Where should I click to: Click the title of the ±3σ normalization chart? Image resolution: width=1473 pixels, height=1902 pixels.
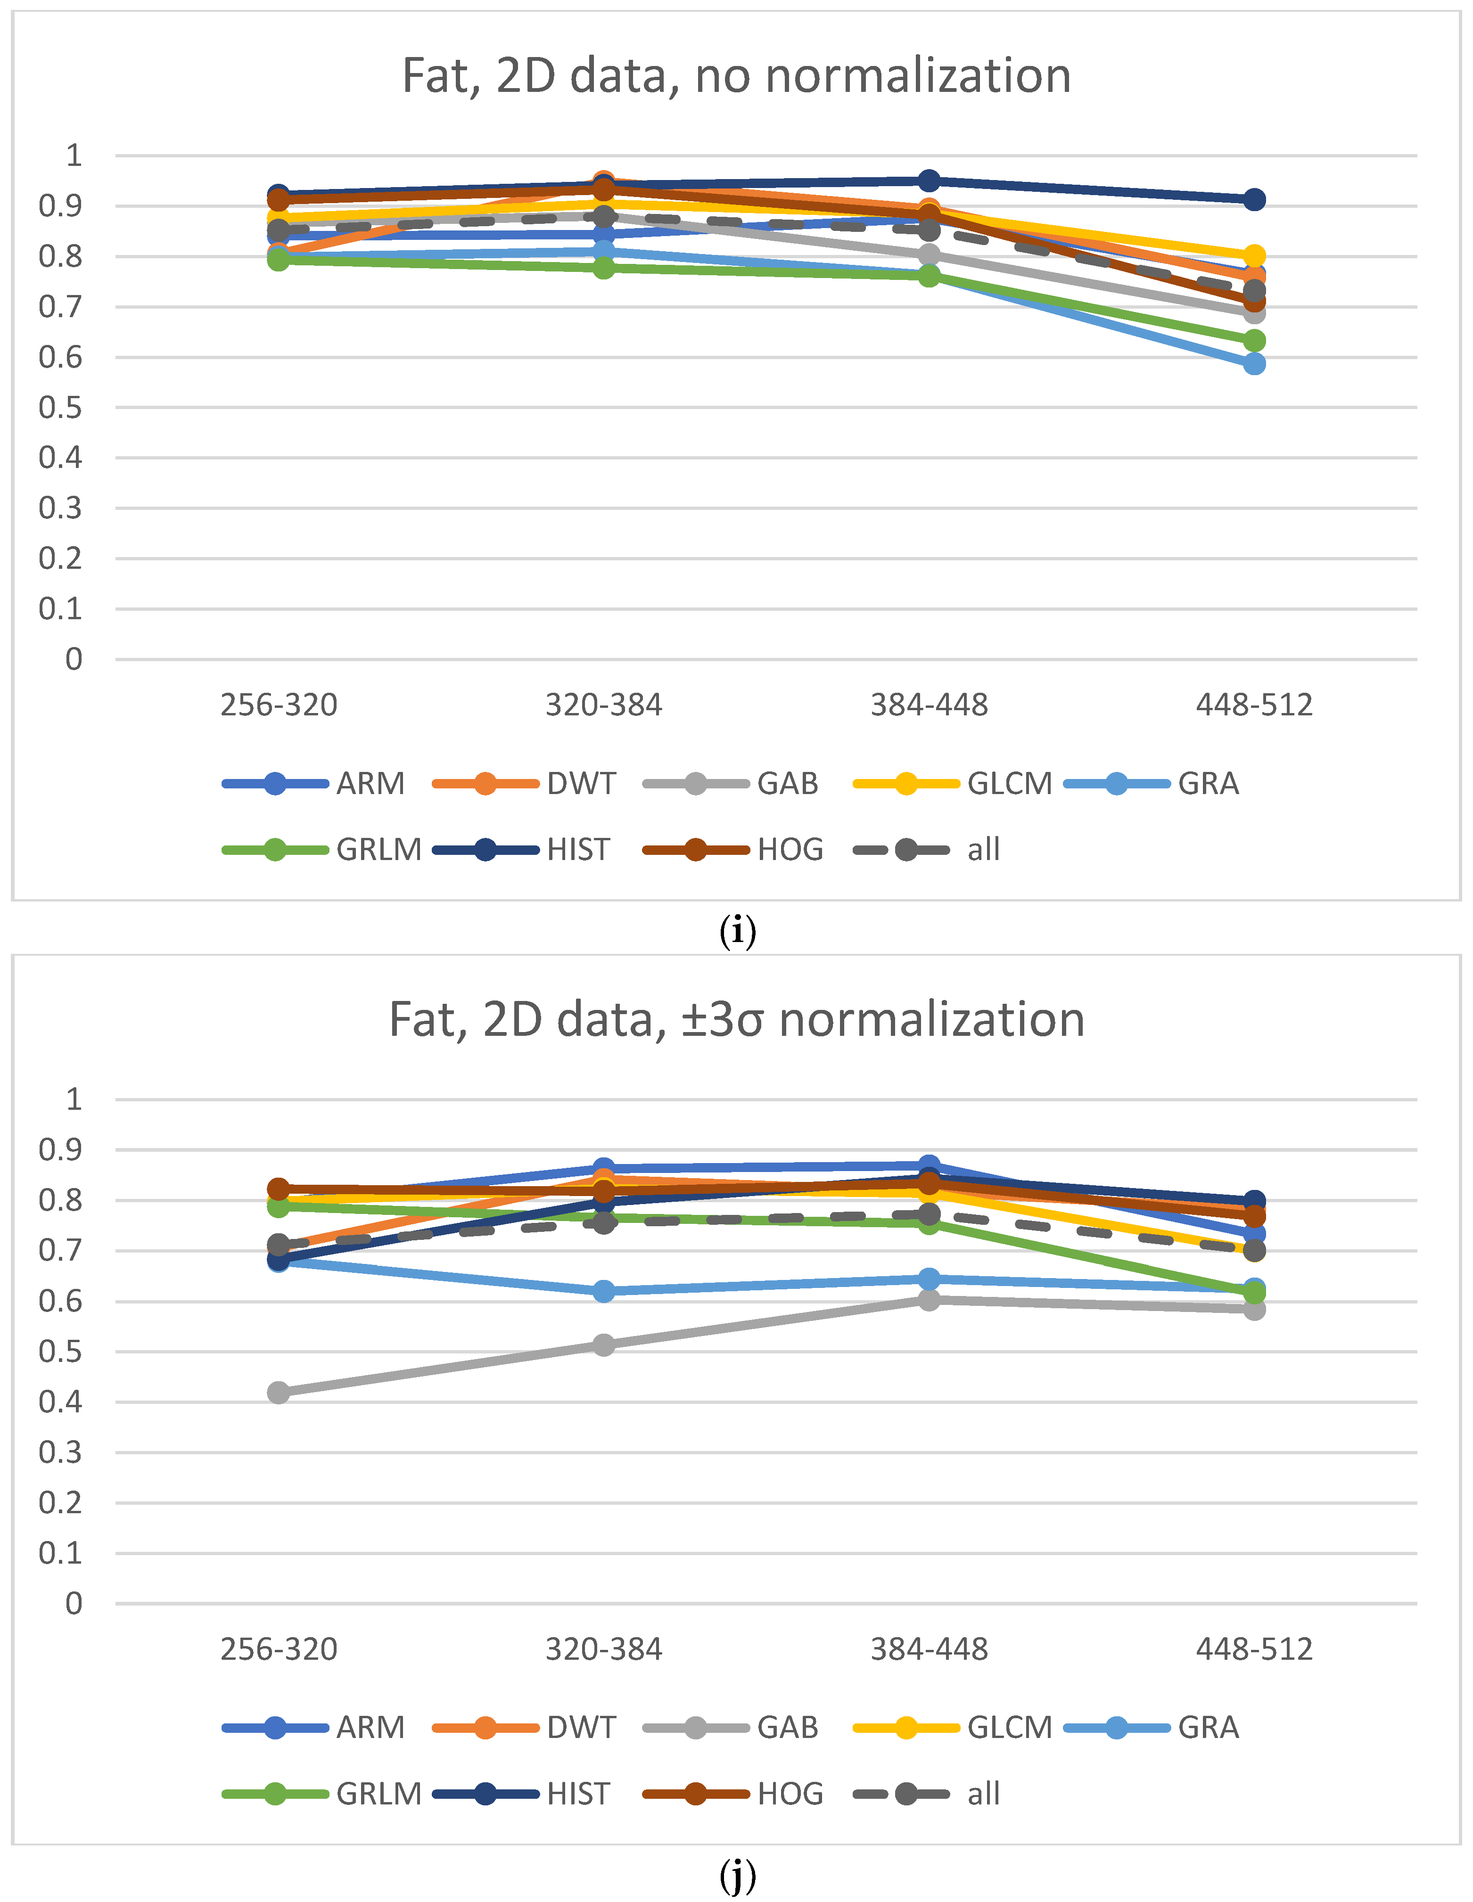[736, 1020]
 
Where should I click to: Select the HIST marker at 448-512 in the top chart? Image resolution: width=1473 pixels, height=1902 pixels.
[1253, 199]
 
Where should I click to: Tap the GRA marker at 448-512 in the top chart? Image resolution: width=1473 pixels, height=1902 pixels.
[1253, 363]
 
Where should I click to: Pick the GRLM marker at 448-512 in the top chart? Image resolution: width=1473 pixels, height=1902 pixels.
[1253, 341]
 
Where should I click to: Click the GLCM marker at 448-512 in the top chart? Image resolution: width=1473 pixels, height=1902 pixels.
[1253, 256]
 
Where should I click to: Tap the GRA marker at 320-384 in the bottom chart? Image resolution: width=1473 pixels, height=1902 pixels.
[604, 1291]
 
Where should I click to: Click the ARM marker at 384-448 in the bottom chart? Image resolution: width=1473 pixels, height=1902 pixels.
[929, 1165]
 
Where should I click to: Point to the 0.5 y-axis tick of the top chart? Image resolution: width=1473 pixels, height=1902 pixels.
[60, 408]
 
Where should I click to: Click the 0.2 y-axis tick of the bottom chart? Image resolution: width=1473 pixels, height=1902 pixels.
[60, 1502]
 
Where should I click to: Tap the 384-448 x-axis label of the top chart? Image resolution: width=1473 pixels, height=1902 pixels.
[929, 705]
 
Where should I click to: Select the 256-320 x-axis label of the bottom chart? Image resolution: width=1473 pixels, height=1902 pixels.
[279, 1648]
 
